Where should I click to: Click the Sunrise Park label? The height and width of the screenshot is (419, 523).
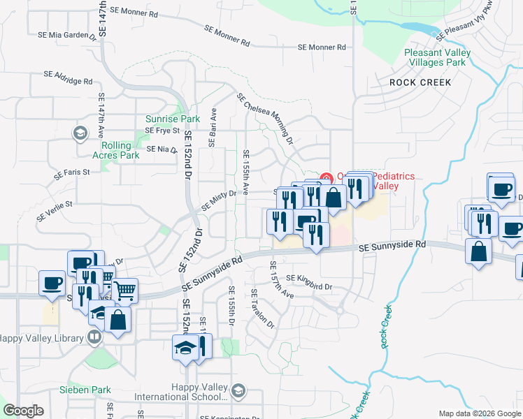tap(167, 119)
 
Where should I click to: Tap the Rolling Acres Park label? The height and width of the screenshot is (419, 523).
tap(115, 150)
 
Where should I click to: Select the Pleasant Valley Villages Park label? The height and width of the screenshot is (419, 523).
tap(435, 57)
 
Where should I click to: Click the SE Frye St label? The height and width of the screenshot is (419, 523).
tap(162, 131)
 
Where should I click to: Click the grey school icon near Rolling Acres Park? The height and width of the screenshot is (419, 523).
tap(80, 133)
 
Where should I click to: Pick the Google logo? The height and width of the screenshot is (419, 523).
tap(24, 411)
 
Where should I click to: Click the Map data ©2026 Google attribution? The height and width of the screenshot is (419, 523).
tap(479, 413)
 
